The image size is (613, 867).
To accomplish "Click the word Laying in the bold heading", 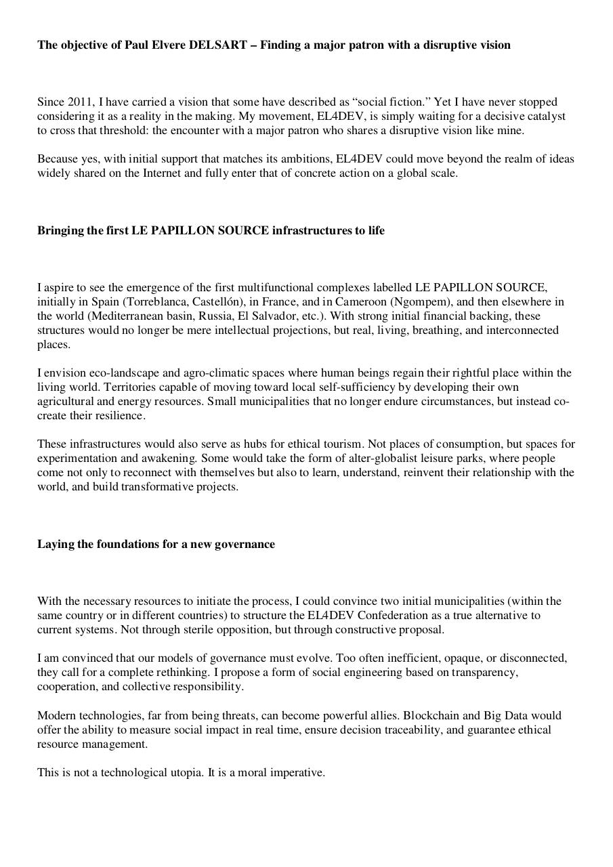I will click(55, 544).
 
